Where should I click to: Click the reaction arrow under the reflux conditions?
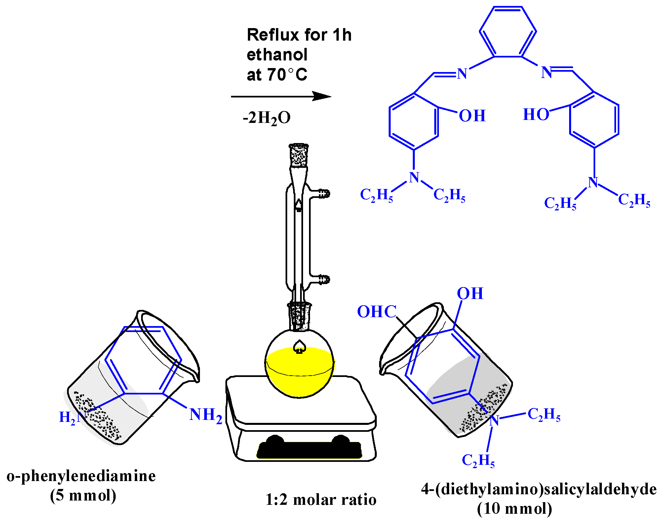281,96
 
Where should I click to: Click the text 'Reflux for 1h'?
299,35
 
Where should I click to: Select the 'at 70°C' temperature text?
277,75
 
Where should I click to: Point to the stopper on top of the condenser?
299,155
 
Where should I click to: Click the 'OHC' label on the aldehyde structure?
377,312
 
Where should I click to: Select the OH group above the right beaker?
470,293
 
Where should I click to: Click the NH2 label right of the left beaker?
206,415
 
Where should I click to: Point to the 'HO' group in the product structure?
536,115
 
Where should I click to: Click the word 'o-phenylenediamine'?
81,476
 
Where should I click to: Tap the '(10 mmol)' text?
515,509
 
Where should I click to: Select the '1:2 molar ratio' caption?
321,500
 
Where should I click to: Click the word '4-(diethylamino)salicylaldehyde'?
539,489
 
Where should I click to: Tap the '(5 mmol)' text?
83,495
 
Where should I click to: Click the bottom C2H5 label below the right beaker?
478,460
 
